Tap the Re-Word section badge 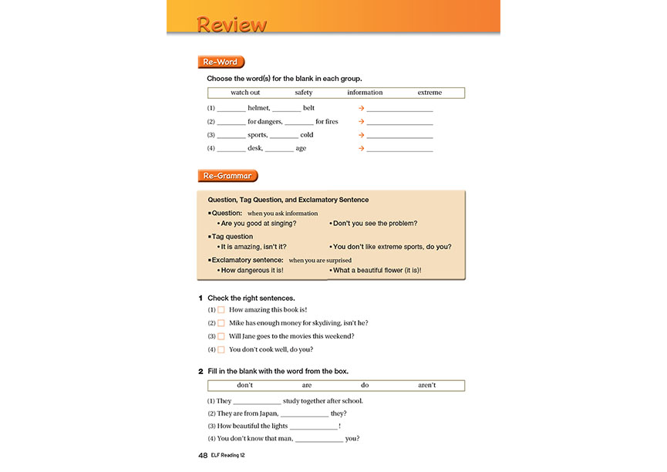(x=221, y=62)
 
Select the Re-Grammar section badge (x=227, y=176)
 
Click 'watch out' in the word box (x=245, y=93)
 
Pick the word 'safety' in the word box (x=303, y=93)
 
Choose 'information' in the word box (x=365, y=93)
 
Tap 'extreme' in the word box (x=430, y=93)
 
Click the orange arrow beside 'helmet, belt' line (x=361, y=109)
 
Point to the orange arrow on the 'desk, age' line (x=361, y=148)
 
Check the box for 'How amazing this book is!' (x=221, y=310)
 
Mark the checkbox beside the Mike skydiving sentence (x=221, y=323)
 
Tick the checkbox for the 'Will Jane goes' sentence (x=221, y=336)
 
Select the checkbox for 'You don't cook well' (x=221, y=349)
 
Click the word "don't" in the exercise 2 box (x=245, y=385)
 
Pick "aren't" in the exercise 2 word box (x=426, y=385)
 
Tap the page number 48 (x=203, y=456)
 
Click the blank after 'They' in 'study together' (x=257, y=402)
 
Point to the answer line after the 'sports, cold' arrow (x=399, y=136)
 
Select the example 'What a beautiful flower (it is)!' (x=377, y=271)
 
